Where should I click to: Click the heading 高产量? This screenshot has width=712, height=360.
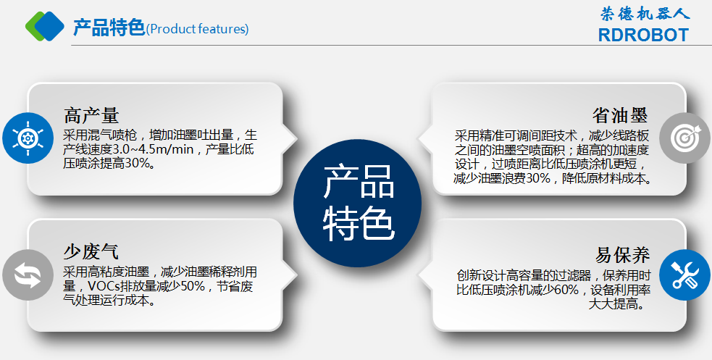pyautogui.click(x=91, y=115)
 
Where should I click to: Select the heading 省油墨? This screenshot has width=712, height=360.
pyautogui.click(x=620, y=115)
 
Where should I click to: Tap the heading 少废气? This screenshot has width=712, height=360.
pyautogui.click(x=91, y=251)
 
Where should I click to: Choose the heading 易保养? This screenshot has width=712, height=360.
pyautogui.click(x=622, y=255)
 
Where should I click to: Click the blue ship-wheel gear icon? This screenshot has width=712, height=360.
pyautogui.click(x=28, y=138)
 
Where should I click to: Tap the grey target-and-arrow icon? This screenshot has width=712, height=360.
pyautogui.click(x=684, y=138)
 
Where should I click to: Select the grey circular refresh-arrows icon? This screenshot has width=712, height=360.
pyautogui.click(x=28, y=275)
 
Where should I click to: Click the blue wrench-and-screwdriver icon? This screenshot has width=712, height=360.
pyautogui.click(x=684, y=275)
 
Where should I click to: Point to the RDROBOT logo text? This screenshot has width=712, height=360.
pyautogui.click(x=643, y=35)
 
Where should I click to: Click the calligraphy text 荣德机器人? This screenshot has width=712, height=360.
pyautogui.click(x=645, y=14)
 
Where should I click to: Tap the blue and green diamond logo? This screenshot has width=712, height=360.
pyautogui.click(x=45, y=26)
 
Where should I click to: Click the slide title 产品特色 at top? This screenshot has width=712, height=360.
pyautogui.click(x=109, y=28)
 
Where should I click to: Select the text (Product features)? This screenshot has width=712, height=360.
pyautogui.click(x=198, y=29)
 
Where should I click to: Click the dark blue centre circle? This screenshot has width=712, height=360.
pyautogui.click(x=357, y=203)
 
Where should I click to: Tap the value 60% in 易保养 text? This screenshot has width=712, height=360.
pyautogui.click(x=566, y=289)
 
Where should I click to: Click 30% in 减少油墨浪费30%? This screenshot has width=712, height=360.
pyautogui.click(x=538, y=178)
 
